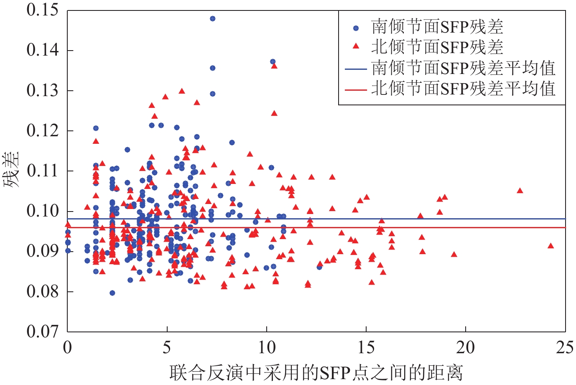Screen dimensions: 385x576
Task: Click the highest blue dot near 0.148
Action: (x=212, y=19)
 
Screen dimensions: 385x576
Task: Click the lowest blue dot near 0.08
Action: (x=112, y=293)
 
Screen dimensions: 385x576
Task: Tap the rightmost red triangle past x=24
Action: (x=551, y=246)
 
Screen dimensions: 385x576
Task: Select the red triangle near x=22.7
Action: (x=520, y=191)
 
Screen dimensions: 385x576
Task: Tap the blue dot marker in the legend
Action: (x=356, y=28)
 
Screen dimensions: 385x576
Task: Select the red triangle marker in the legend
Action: (x=356, y=46)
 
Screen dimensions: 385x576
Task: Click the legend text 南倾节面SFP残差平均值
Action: (x=463, y=68)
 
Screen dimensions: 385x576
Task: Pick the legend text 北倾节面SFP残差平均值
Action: (x=463, y=89)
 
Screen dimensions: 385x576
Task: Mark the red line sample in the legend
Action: (x=356, y=89)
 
